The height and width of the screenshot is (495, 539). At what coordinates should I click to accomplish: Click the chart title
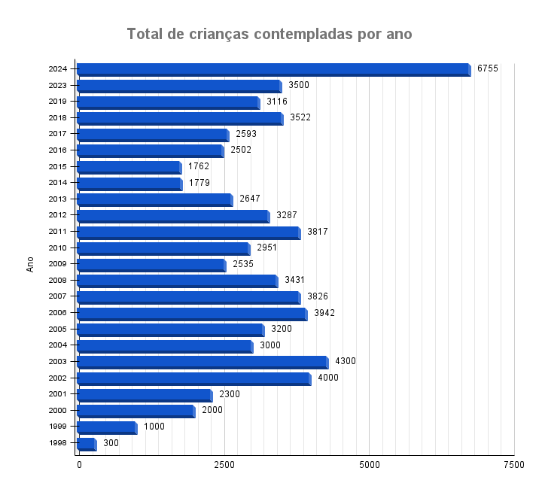click(269, 35)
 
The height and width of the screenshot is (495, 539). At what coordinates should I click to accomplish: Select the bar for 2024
click(273, 69)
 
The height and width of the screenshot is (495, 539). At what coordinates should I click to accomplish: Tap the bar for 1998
click(86, 444)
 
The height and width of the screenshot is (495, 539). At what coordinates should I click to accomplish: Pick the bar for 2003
click(202, 362)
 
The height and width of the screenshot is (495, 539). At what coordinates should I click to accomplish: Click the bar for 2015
click(129, 167)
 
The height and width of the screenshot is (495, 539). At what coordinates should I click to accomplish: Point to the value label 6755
click(487, 68)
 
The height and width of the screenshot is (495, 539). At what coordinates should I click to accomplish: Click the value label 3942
click(324, 312)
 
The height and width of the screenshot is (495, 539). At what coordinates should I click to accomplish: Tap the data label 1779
click(199, 183)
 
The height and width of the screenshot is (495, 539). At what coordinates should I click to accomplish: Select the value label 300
click(111, 443)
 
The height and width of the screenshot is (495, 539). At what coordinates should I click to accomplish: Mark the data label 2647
click(250, 199)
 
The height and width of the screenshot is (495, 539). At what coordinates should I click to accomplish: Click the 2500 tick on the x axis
click(224, 466)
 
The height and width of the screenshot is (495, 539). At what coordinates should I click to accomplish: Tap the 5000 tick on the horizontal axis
click(369, 466)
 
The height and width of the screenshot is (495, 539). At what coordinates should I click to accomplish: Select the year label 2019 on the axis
click(58, 102)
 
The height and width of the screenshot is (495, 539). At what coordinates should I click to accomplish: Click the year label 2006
click(58, 313)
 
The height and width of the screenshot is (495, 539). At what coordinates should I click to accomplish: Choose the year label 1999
click(58, 427)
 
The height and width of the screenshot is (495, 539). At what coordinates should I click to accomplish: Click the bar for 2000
click(136, 411)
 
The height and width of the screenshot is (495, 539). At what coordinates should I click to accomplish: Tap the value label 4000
click(327, 378)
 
